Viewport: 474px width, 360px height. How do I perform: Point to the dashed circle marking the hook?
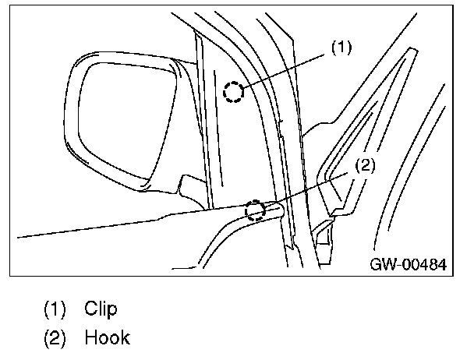point(254,210)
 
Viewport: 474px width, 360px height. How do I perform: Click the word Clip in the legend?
point(101,309)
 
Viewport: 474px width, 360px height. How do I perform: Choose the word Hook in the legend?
point(107,338)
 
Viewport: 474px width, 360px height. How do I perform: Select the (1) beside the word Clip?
point(55,309)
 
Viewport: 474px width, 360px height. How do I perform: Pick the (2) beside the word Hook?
point(55,338)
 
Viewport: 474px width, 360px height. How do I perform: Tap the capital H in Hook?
point(91,338)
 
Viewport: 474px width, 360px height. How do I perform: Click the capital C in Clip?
point(90,309)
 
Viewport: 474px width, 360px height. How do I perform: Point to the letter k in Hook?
point(124,338)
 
